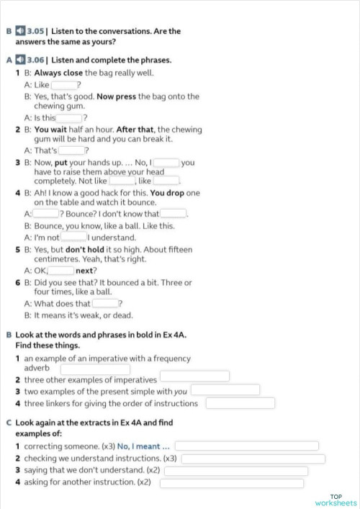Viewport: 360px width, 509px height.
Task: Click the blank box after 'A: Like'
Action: (63, 85)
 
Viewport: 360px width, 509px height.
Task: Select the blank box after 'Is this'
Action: (70, 118)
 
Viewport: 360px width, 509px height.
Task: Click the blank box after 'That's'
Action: (71, 150)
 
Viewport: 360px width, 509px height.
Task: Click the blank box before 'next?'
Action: (61, 271)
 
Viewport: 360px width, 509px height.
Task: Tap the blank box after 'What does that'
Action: (105, 304)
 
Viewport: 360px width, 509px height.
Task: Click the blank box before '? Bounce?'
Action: (46, 214)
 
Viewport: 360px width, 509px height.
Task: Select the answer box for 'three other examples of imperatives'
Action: (194, 377)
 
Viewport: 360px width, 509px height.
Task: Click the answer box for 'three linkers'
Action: (241, 403)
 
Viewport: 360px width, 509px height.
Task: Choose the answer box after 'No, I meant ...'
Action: (246, 446)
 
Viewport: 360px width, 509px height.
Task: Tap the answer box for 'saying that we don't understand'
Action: (236, 471)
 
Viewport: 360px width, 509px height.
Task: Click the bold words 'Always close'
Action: (58, 73)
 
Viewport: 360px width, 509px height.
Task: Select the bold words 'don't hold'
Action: (87, 249)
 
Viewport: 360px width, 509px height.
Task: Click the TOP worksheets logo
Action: (336, 500)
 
